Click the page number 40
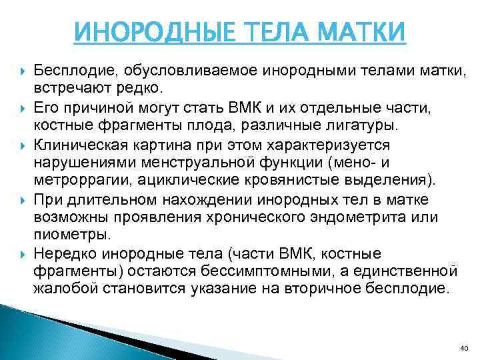pos(464,347)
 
